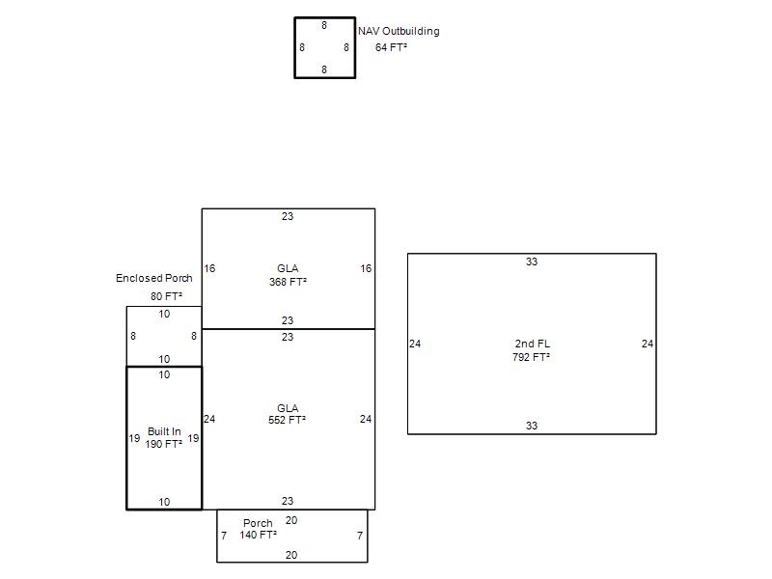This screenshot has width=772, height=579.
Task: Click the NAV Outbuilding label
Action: pyautogui.click(x=399, y=32)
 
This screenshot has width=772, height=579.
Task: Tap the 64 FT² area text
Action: pyautogui.click(x=391, y=47)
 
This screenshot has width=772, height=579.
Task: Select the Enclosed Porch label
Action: pyautogui.click(x=154, y=278)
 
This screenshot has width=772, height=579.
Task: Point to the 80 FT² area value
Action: pyautogui.click(x=166, y=296)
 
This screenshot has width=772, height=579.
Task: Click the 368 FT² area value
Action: pyautogui.click(x=288, y=282)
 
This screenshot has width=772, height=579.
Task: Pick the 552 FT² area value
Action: pyautogui.click(x=287, y=421)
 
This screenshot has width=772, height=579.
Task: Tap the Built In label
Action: pyautogui.click(x=164, y=431)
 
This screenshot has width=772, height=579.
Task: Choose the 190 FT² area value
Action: pyautogui.click(x=164, y=444)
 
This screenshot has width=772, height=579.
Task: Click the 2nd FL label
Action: pyautogui.click(x=533, y=344)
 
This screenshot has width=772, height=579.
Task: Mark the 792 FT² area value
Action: pyautogui.click(x=532, y=357)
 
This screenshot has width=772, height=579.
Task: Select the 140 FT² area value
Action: pyautogui.click(x=258, y=535)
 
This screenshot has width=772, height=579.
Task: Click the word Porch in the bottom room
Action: pyautogui.click(x=258, y=523)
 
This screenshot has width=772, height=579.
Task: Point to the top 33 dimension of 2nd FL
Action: pyautogui.click(x=532, y=262)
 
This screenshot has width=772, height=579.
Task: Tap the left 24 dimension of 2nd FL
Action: pyautogui.click(x=415, y=344)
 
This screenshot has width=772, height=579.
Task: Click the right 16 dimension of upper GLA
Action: pyautogui.click(x=366, y=268)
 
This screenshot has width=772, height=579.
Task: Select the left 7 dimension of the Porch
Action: pyautogui.click(x=224, y=536)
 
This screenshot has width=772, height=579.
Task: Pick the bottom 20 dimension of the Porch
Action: pyautogui.click(x=291, y=555)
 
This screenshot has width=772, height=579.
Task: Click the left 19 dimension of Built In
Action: pyautogui.click(x=134, y=438)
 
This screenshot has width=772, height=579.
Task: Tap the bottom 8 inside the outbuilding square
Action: pyautogui.click(x=324, y=69)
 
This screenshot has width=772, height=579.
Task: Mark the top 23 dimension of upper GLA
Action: pyautogui.click(x=288, y=216)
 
